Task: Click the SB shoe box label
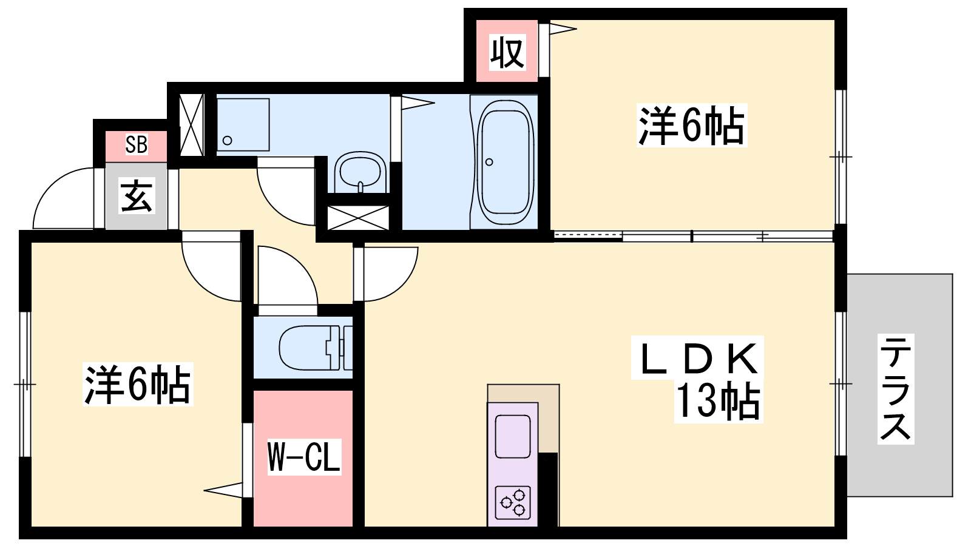137,144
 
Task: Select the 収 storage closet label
507,52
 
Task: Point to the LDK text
698,359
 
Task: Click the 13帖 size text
718,401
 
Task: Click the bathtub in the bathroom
505,159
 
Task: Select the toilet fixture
310,348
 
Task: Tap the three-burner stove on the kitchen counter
513,502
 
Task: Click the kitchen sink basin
513,436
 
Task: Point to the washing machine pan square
243,124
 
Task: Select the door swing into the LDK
388,273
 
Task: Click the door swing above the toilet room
285,276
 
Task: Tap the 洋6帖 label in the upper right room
691,126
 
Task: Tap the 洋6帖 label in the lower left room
138,384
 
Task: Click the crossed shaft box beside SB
192,125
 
